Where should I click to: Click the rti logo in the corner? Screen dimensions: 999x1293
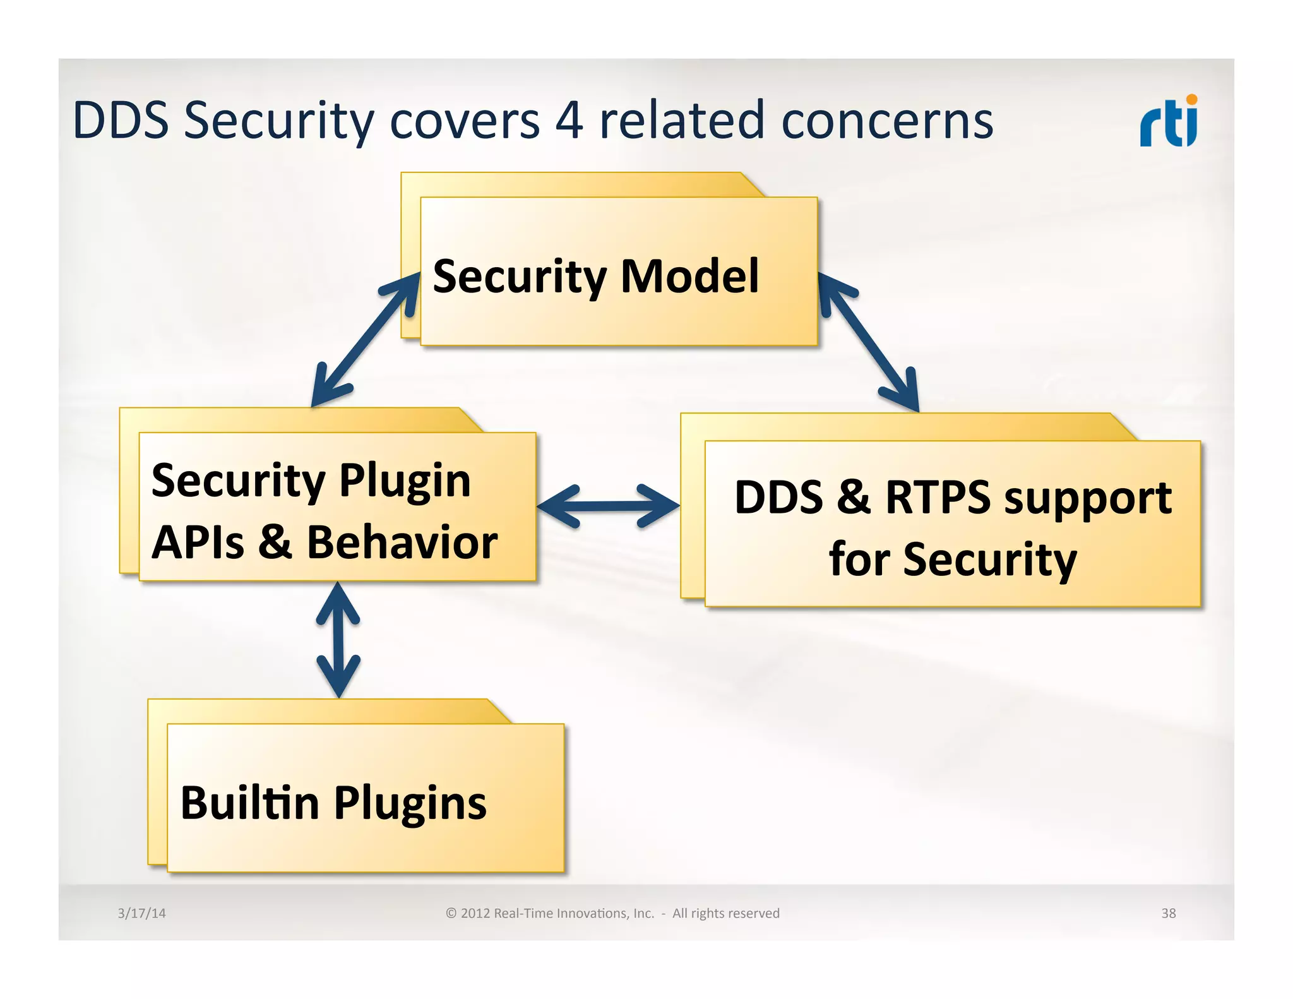(x=1168, y=122)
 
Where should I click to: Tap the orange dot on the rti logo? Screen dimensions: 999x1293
(x=1191, y=100)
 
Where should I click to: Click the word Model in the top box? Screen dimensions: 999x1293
(x=689, y=277)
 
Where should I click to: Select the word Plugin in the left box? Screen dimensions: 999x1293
(x=405, y=481)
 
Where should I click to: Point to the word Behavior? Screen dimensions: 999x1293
(x=402, y=542)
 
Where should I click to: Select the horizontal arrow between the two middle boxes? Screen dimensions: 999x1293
(x=608, y=506)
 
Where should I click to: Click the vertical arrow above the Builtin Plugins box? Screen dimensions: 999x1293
(x=338, y=639)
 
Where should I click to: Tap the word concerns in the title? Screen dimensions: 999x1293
(x=887, y=121)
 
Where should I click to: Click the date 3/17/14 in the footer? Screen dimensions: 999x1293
(x=141, y=913)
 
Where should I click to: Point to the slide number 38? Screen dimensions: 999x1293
(x=1168, y=913)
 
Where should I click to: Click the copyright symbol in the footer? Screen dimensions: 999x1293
(x=451, y=913)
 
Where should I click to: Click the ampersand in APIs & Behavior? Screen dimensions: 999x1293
(x=275, y=542)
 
